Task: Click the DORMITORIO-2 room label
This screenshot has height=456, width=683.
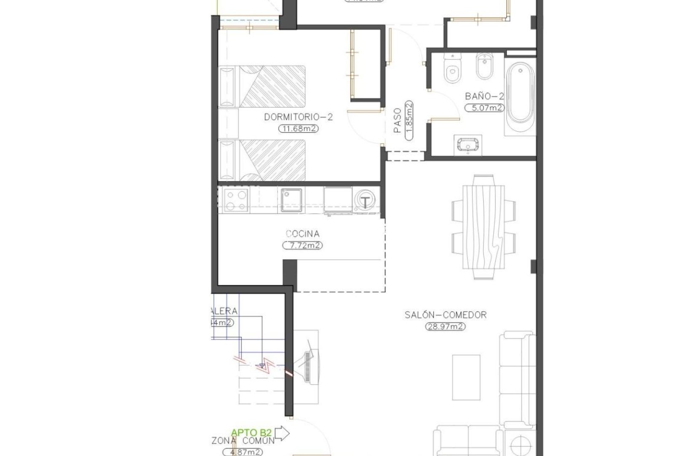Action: [298, 117]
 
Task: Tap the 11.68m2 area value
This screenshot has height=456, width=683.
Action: [298, 129]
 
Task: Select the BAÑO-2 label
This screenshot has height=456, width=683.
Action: [484, 96]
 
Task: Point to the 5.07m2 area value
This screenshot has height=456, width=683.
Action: [484, 108]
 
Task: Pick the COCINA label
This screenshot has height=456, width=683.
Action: [302, 233]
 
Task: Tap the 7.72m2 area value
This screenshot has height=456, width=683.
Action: [302, 245]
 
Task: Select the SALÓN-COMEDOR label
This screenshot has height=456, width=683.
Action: [445, 315]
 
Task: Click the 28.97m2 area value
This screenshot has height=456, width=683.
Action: [445, 326]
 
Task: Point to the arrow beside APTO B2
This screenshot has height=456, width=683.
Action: [282, 433]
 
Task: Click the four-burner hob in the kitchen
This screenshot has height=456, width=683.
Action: [236, 200]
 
